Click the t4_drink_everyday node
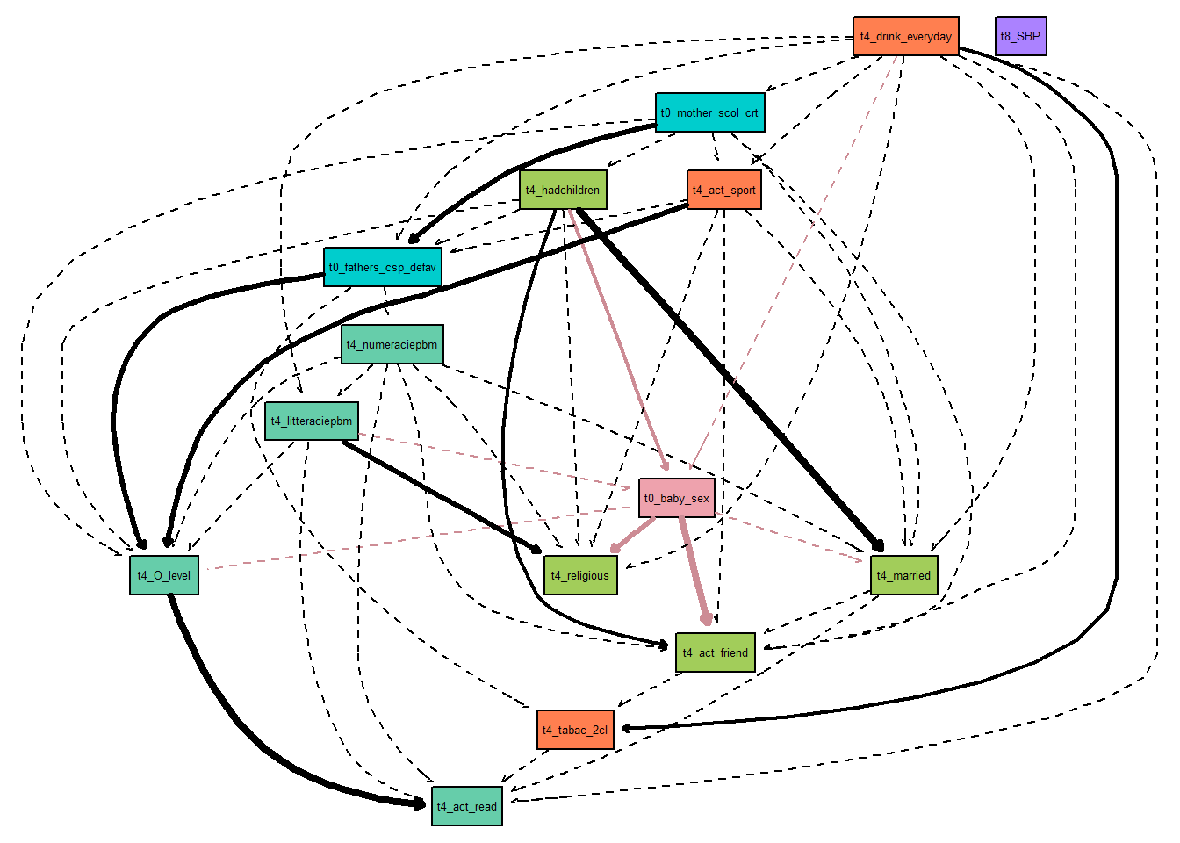tap(905, 36)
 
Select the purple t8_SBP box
tap(1020, 36)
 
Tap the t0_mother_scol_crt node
tap(709, 112)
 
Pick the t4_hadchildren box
tap(563, 190)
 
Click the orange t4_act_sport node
tap(723, 190)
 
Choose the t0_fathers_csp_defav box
tap(382, 267)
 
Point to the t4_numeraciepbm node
tap(392, 344)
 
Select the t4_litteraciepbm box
tap(311, 421)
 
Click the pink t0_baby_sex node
tap(676, 498)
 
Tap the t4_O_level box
tap(164, 575)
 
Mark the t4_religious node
tap(579, 575)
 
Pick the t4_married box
tap(903, 575)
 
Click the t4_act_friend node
tap(715, 652)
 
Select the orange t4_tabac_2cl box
tap(575, 730)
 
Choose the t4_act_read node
tap(466, 806)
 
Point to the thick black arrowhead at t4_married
tap(878, 546)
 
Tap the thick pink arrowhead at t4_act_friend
tap(707, 620)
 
